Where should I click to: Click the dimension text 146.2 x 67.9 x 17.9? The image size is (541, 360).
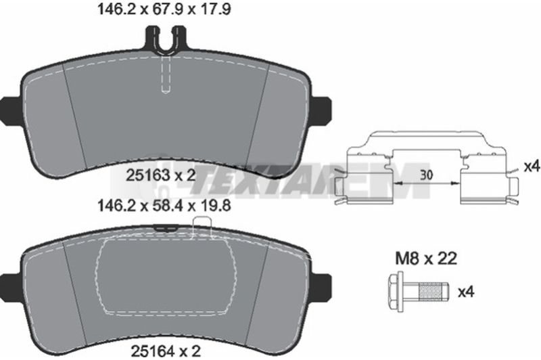tap(164, 9)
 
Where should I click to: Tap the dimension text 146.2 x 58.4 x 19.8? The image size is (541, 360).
tap(164, 206)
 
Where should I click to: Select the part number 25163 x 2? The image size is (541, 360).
tap(161, 176)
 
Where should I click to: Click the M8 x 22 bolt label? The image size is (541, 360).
tap(426, 258)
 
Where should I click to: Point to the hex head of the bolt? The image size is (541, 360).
tap(396, 292)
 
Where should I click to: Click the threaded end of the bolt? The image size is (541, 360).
tap(433, 292)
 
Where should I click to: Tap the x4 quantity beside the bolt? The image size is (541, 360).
tap(466, 292)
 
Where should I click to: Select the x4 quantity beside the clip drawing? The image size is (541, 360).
tap(532, 167)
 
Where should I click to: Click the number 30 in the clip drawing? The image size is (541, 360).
tap(426, 175)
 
